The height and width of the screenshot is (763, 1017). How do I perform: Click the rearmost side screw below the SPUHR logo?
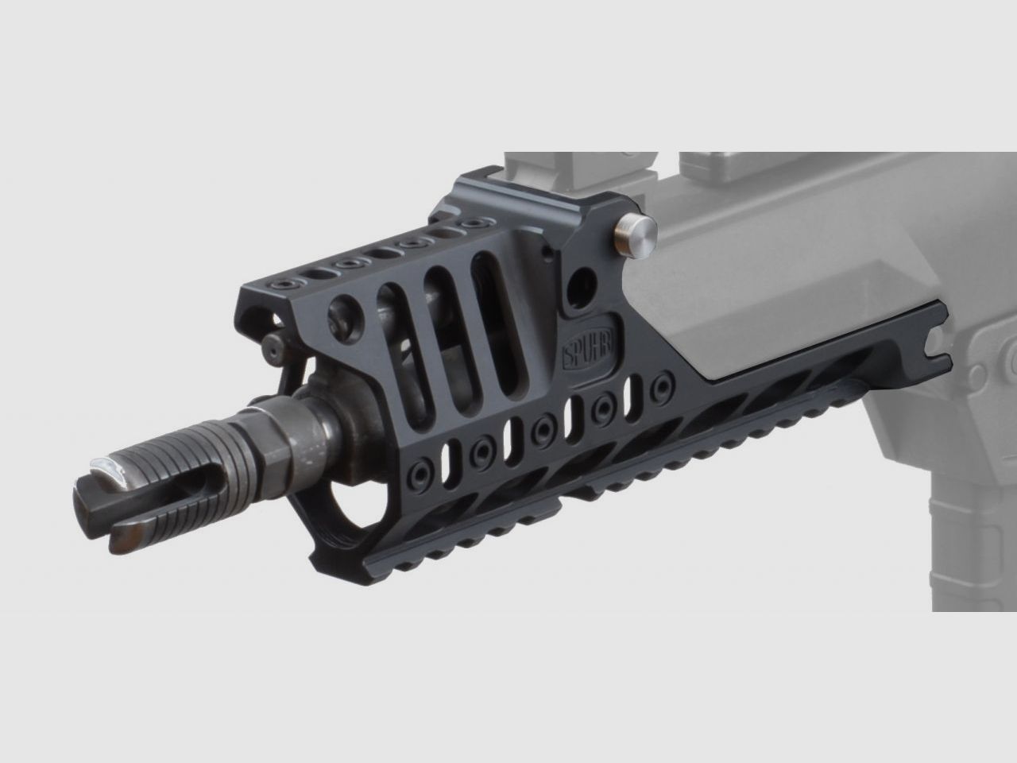[x=659, y=388]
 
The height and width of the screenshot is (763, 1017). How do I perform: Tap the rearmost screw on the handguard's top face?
[x=476, y=226]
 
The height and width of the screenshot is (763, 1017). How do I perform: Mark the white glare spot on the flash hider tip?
[x=119, y=468]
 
